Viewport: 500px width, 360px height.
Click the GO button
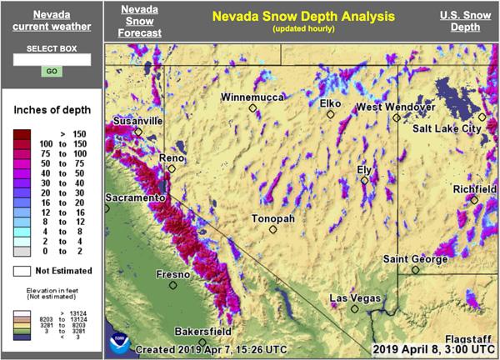tap(51, 72)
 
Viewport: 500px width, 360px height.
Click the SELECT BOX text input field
tap(51, 60)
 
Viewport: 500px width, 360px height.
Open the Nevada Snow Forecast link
tap(139, 22)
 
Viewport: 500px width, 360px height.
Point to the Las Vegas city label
tap(355, 298)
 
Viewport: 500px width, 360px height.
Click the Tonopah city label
tap(273, 218)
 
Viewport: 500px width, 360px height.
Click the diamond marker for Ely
tap(365, 180)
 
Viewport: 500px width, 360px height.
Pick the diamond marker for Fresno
tap(173, 285)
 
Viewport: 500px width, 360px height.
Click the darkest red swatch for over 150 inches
tap(22, 133)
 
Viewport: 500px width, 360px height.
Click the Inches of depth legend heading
tap(51, 110)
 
